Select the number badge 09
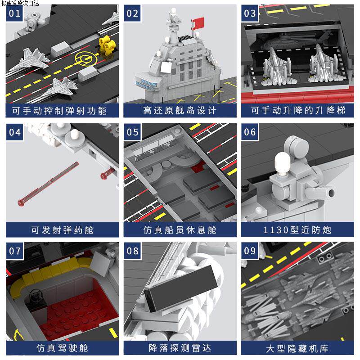(250, 251)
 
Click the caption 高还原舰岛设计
(180, 110)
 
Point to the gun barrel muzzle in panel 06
(332, 193)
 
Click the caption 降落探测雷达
(180, 348)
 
